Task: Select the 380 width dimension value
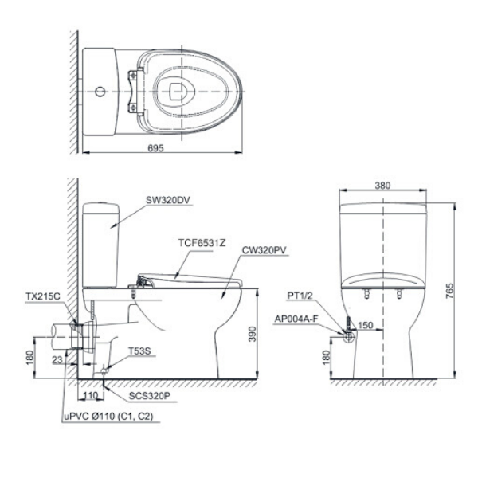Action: (x=382, y=185)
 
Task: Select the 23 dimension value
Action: (x=57, y=360)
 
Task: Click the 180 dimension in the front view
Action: (x=325, y=358)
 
